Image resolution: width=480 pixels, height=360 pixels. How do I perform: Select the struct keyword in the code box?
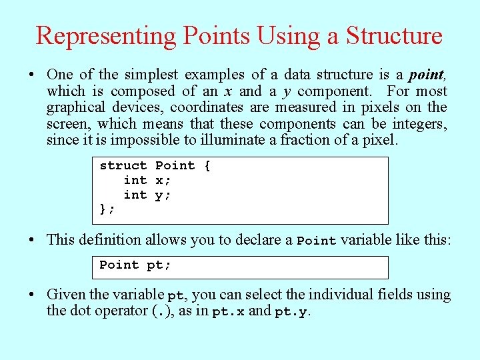(123, 165)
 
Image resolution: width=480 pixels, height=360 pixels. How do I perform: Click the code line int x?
(147, 180)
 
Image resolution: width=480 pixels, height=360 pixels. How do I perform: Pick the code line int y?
(147, 195)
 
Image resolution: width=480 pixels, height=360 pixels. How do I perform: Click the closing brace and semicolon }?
(107, 209)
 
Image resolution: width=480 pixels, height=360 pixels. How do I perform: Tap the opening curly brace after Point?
(207, 165)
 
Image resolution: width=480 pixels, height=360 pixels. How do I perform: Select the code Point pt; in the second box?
(135, 265)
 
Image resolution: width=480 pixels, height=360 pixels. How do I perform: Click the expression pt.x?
(228, 311)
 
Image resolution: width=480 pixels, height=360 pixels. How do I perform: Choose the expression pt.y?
(291, 311)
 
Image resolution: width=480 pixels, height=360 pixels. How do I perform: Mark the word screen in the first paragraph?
(69, 124)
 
